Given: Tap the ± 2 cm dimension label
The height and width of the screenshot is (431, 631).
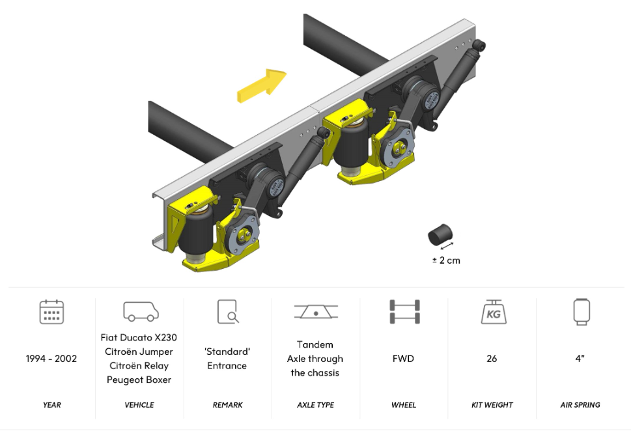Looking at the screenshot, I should [x=445, y=260].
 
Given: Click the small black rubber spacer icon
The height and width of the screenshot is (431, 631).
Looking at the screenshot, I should [x=440, y=234].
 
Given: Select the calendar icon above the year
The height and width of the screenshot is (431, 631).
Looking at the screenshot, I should [x=51, y=312].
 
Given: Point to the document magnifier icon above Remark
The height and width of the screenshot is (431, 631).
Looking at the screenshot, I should [x=227, y=312].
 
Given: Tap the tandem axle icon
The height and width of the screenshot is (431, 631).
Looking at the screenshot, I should [x=315, y=312].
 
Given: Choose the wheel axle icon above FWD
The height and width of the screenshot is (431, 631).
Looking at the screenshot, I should [x=404, y=312].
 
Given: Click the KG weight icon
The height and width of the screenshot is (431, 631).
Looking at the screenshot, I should [x=492, y=312].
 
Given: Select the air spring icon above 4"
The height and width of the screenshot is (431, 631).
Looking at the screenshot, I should [x=580, y=312].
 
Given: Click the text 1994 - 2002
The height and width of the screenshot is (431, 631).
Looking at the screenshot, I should [x=51, y=359].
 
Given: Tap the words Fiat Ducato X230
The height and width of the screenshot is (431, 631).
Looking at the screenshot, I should [x=139, y=337].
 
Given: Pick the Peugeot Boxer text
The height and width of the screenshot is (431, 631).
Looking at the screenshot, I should [x=139, y=380].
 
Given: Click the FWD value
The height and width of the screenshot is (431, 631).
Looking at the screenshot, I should [x=404, y=359].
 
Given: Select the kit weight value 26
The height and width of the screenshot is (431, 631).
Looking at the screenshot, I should [x=492, y=359].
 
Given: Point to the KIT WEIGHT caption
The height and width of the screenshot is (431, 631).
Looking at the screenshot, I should [x=492, y=405].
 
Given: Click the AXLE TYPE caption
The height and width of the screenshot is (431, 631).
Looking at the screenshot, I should [x=315, y=405].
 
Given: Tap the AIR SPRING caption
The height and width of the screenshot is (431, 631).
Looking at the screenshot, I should [x=580, y=405].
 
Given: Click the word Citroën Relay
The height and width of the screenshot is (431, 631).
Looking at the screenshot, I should [x=139, y=366].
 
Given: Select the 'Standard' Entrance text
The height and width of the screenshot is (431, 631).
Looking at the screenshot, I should [x=227, y=359].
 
